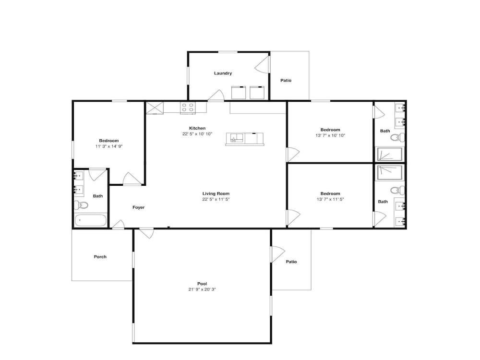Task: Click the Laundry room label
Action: tap(223, 73)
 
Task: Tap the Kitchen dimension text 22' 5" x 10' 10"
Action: tap(197, 134)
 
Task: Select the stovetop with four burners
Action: tap(188, 108)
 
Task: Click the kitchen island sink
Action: tap(235, 138)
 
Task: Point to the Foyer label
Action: tap(138, 207)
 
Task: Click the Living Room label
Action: tap(216, 193)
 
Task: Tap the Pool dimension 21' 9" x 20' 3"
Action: tap(202, 289)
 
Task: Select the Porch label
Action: tap(100, 256)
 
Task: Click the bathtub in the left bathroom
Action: tap(90, 220)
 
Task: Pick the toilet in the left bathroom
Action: tap(81, 204)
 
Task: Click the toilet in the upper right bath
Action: tap(397, 138)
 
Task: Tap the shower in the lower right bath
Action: tap(389, 173)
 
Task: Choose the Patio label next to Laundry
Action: tap(286, 81)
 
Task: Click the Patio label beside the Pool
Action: tap(291, 262)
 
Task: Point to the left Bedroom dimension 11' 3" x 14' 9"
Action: tap(109, 146)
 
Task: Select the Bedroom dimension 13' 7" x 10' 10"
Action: tap(330, 135)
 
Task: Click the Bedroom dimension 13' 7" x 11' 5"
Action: tap(330, 199)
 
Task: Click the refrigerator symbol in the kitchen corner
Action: tap(155, 108)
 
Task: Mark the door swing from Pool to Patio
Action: tap(277, 254)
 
